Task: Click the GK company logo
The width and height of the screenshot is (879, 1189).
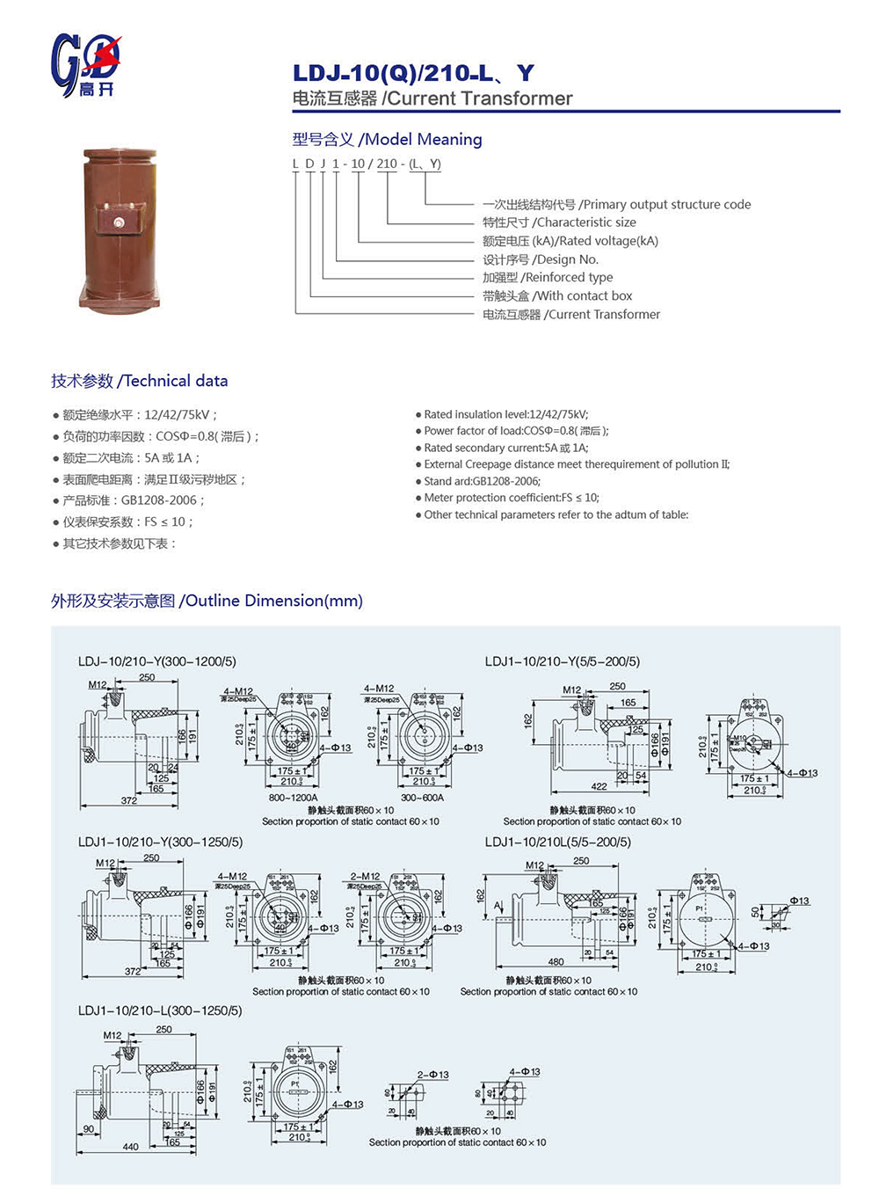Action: click(85, 65)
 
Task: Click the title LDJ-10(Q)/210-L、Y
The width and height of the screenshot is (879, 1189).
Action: click(413, 73)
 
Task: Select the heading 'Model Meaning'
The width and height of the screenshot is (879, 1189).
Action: click(387, 139)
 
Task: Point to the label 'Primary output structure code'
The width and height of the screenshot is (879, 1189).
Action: click(616, 204)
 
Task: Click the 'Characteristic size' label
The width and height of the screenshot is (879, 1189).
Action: click(559, 222)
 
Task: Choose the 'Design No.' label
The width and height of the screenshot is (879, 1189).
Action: click(541, 259)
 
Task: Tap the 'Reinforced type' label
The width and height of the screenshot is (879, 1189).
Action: click(548, 277)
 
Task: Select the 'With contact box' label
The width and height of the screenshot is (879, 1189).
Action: click(557, 295)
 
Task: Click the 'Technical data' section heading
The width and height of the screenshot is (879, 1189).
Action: click(140, 381)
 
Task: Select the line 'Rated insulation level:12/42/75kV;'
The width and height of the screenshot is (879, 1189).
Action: click(505, 414)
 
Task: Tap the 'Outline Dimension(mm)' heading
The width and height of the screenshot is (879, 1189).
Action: click(207, 601)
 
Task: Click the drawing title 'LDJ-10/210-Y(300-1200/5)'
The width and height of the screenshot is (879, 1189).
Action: click(156, 661)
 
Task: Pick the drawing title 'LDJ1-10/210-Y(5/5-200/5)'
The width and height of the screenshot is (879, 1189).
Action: click(563, 661)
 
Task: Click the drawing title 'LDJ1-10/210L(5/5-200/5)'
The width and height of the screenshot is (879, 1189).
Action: click(557, 842)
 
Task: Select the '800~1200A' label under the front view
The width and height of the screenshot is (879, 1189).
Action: click(293, 798)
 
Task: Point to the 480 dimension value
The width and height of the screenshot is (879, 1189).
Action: click(556, 962)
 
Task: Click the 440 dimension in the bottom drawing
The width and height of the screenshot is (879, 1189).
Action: click(130, 1147)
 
